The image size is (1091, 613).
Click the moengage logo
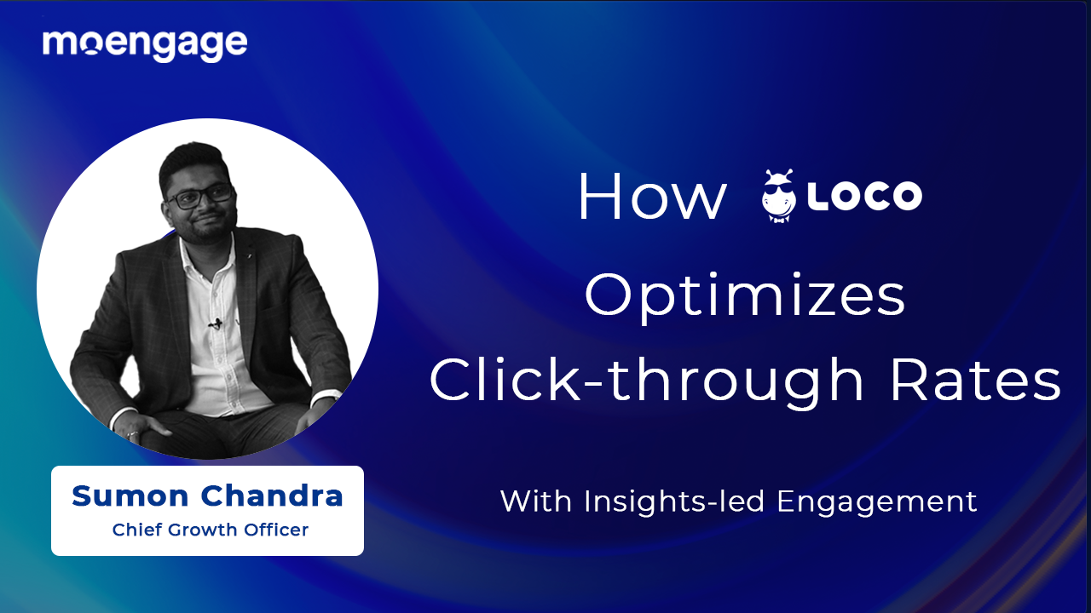[x=145, y=43]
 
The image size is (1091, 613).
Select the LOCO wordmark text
[x=864, y=197]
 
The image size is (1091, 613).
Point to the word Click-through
[x=646, y=381]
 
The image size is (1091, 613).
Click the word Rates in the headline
[x=976, y=381]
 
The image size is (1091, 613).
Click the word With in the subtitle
[x=537, y=501]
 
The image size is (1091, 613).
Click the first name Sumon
[x=130, y=496]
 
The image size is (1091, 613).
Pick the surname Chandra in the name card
[x=271, y=496]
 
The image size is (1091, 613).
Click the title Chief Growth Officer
[x=210, y=530]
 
